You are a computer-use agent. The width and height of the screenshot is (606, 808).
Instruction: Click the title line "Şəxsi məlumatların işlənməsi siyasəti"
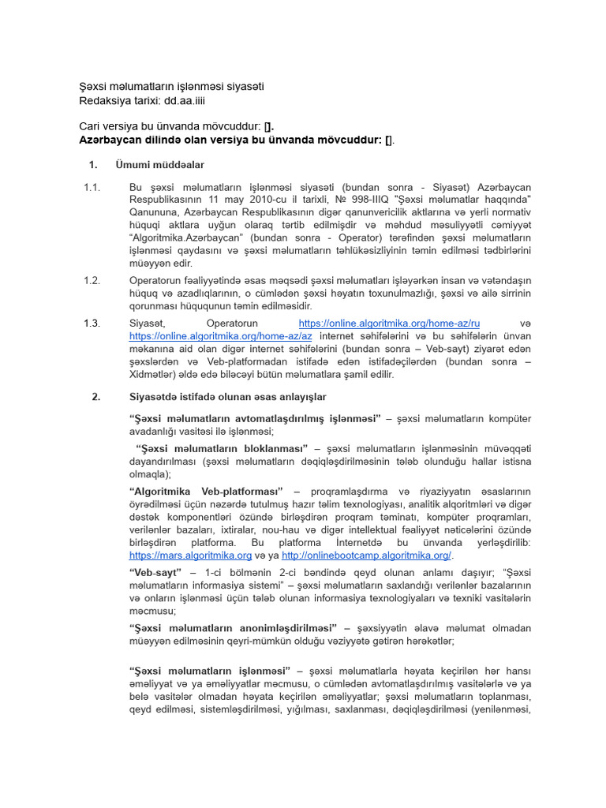point(171,87)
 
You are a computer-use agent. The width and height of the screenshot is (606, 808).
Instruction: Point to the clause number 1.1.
point(92,188)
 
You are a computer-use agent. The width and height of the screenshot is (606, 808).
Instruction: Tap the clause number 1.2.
point(92,280)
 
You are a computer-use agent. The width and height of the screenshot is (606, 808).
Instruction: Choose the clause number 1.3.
point(92,324)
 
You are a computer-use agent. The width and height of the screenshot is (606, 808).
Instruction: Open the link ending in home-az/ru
point(389,324)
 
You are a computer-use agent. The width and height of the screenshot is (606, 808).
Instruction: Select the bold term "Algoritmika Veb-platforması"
point(211,492)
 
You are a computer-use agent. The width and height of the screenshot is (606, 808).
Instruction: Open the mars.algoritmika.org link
point(190,555)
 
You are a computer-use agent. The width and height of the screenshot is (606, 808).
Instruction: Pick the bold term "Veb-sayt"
point(156,572)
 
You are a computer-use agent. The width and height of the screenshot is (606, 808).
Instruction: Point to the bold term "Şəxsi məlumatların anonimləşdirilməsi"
point(233,627)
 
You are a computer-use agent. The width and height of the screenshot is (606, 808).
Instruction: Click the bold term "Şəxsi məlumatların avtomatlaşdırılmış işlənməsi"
point(255,418)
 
